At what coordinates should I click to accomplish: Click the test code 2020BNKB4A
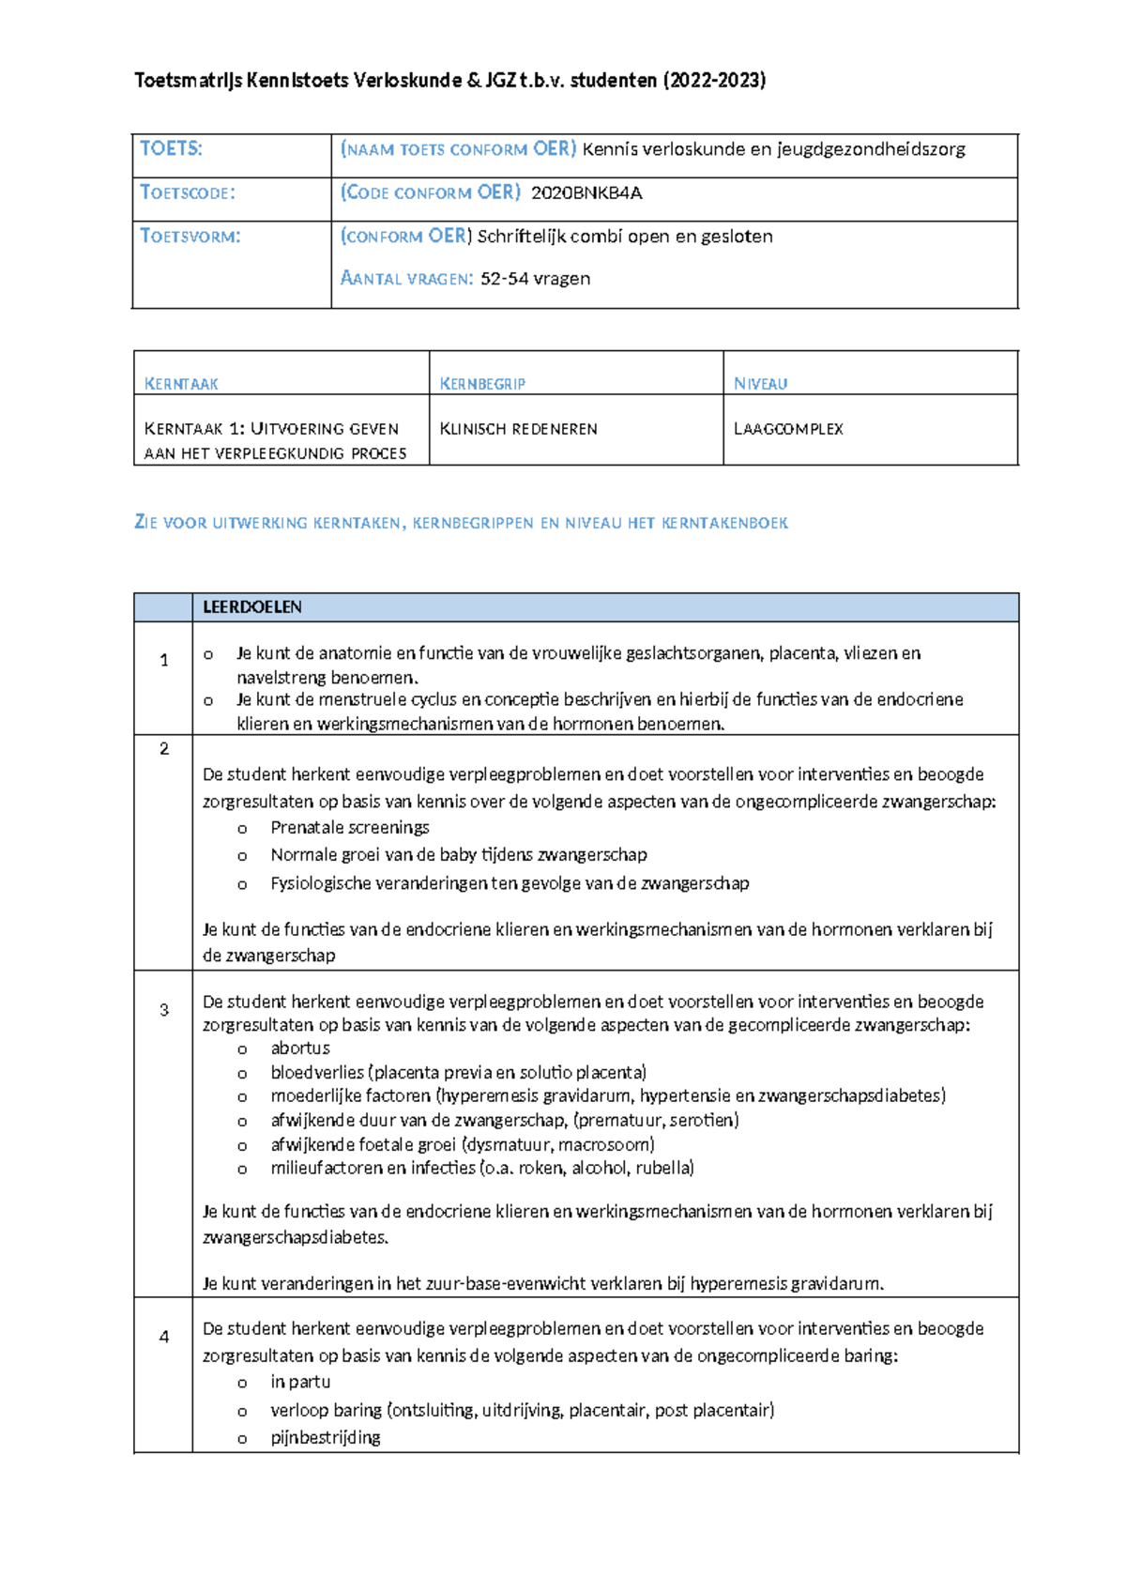click(x=586, y=193)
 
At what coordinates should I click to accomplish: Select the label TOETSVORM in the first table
click(x=190, y=237)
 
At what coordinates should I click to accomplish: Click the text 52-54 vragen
click(x=535, y=279)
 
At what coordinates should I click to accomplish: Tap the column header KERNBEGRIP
click(x=482, y=384)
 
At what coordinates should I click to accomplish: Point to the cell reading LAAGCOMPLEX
click(x=788, y=429)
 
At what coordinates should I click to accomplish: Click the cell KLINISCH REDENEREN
click(x=518, y=429)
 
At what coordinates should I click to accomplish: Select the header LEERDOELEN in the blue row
click(x=251, y=607)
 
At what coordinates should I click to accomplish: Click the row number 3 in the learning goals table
click(x=164, y=1010)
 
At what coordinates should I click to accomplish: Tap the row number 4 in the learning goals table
click(x=164, y=1337)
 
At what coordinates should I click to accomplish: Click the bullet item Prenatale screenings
click(x=349, y=828)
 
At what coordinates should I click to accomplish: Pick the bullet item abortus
click(x=300, y=1049)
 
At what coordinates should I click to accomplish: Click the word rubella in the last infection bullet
click(x=663, y=1169)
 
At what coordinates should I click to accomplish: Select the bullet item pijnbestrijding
click(x=325, y=1438)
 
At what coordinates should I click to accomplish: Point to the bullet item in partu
click(x=300, y=1382)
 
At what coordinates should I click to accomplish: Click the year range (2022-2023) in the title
click(x=714, y=81)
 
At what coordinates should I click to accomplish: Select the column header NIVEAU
click(x=760, y=384)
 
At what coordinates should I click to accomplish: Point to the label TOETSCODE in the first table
click(x=188, y=193)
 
